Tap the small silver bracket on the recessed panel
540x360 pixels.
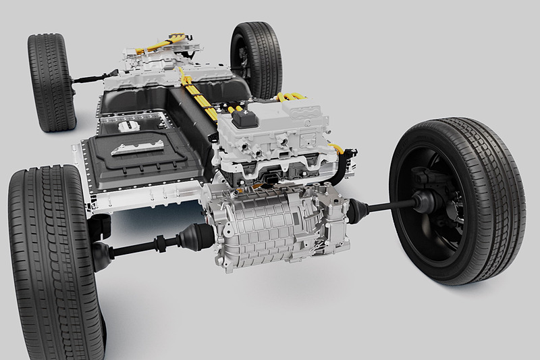(128, 126)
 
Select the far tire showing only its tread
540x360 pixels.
(51, 82)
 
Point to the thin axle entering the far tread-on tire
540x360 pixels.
(88, 80)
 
